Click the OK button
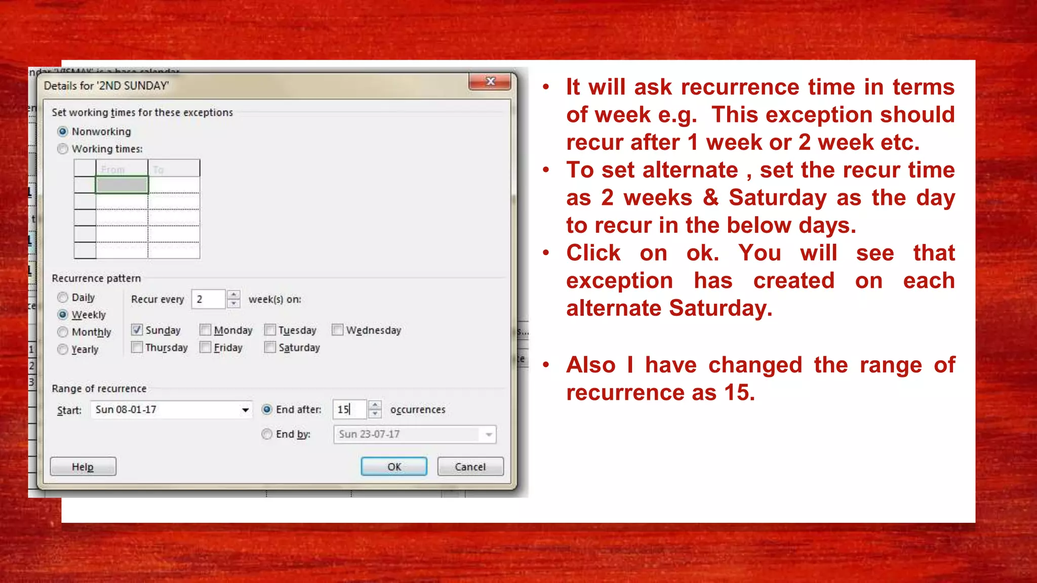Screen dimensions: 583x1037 click(393, 467)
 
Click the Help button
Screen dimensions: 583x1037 click(83, 467)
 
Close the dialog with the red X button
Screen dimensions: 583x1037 click(490, 81)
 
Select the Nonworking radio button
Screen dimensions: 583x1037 click(63, 132)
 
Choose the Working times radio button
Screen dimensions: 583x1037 click(63, 149)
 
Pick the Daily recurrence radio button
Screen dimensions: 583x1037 click(63, 298)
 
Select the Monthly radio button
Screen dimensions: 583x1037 click(63, 332)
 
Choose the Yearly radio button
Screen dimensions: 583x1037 click(63, 349)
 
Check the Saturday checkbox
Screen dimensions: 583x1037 click(270, 347)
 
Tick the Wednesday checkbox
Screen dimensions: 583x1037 click(338, 330)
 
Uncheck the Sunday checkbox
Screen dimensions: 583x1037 click(137, 330)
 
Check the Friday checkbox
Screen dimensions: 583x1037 click(206, 347)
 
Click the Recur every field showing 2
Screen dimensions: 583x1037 click(208, 299)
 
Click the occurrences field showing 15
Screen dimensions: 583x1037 click(349, 409)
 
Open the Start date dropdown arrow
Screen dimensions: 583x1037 click(245, 410)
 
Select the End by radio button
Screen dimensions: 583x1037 click(267, 434)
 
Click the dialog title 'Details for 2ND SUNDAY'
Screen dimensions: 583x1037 click(106, 86)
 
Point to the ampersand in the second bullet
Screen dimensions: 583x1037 click(710, 197)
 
